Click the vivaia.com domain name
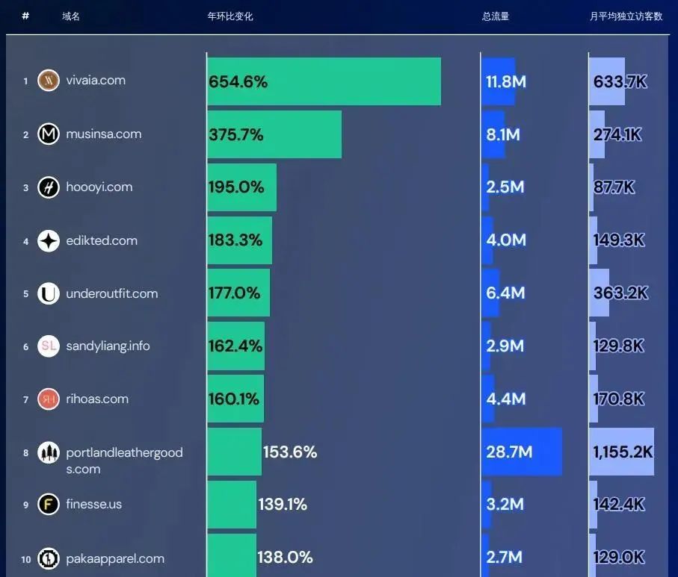click(x=96, y=81)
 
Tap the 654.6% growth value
click(x=238, y=82)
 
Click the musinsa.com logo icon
click(x=49, y=134)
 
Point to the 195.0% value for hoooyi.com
click(x=236, y=187)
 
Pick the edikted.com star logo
click(x=49, y=241)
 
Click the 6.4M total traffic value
click(x=505, y=293)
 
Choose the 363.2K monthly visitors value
click(x=620, y=293)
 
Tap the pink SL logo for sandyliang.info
click(x=49, y=346)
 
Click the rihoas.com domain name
click(x=97, y=399)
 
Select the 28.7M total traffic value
click(x=509, y=452)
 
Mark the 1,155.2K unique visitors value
click(x=623, y=452)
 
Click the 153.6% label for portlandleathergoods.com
click(x=290, y=452)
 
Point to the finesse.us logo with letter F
click(x=49, y=505)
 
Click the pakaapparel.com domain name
click(x=115, y=558)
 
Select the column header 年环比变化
click(x=230, y=16)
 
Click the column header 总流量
click(x=496, y=16)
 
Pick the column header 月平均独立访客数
click(x=626, y=16)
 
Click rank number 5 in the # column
click(x=25, y=294)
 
